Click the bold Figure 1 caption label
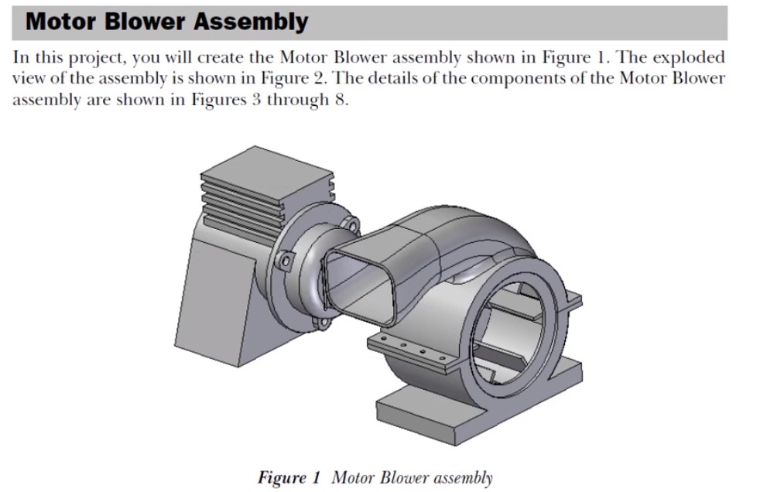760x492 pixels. [289, 477]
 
